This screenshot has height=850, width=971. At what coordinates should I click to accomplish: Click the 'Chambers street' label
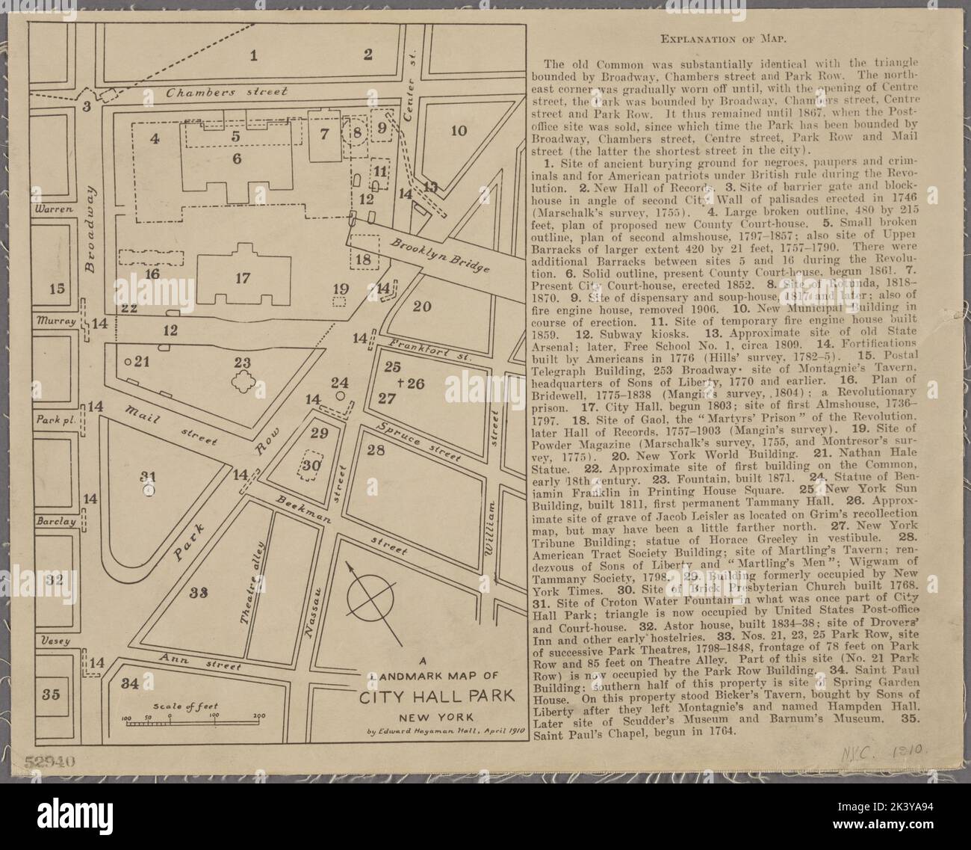(226, 93)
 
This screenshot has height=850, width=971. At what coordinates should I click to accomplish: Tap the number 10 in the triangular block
(459, 132)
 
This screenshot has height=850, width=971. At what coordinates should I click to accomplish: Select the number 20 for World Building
(422, 306)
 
